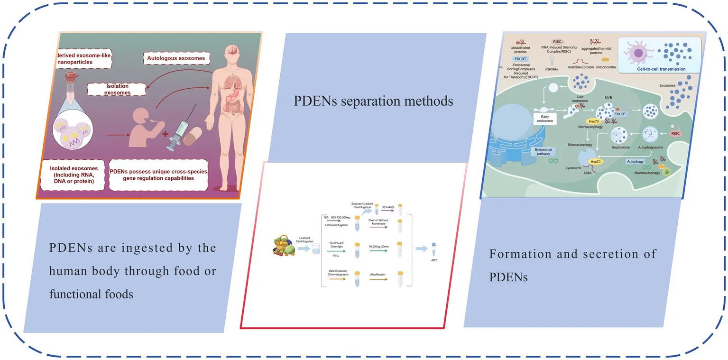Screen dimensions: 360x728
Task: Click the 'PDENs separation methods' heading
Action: click(373, 101)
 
